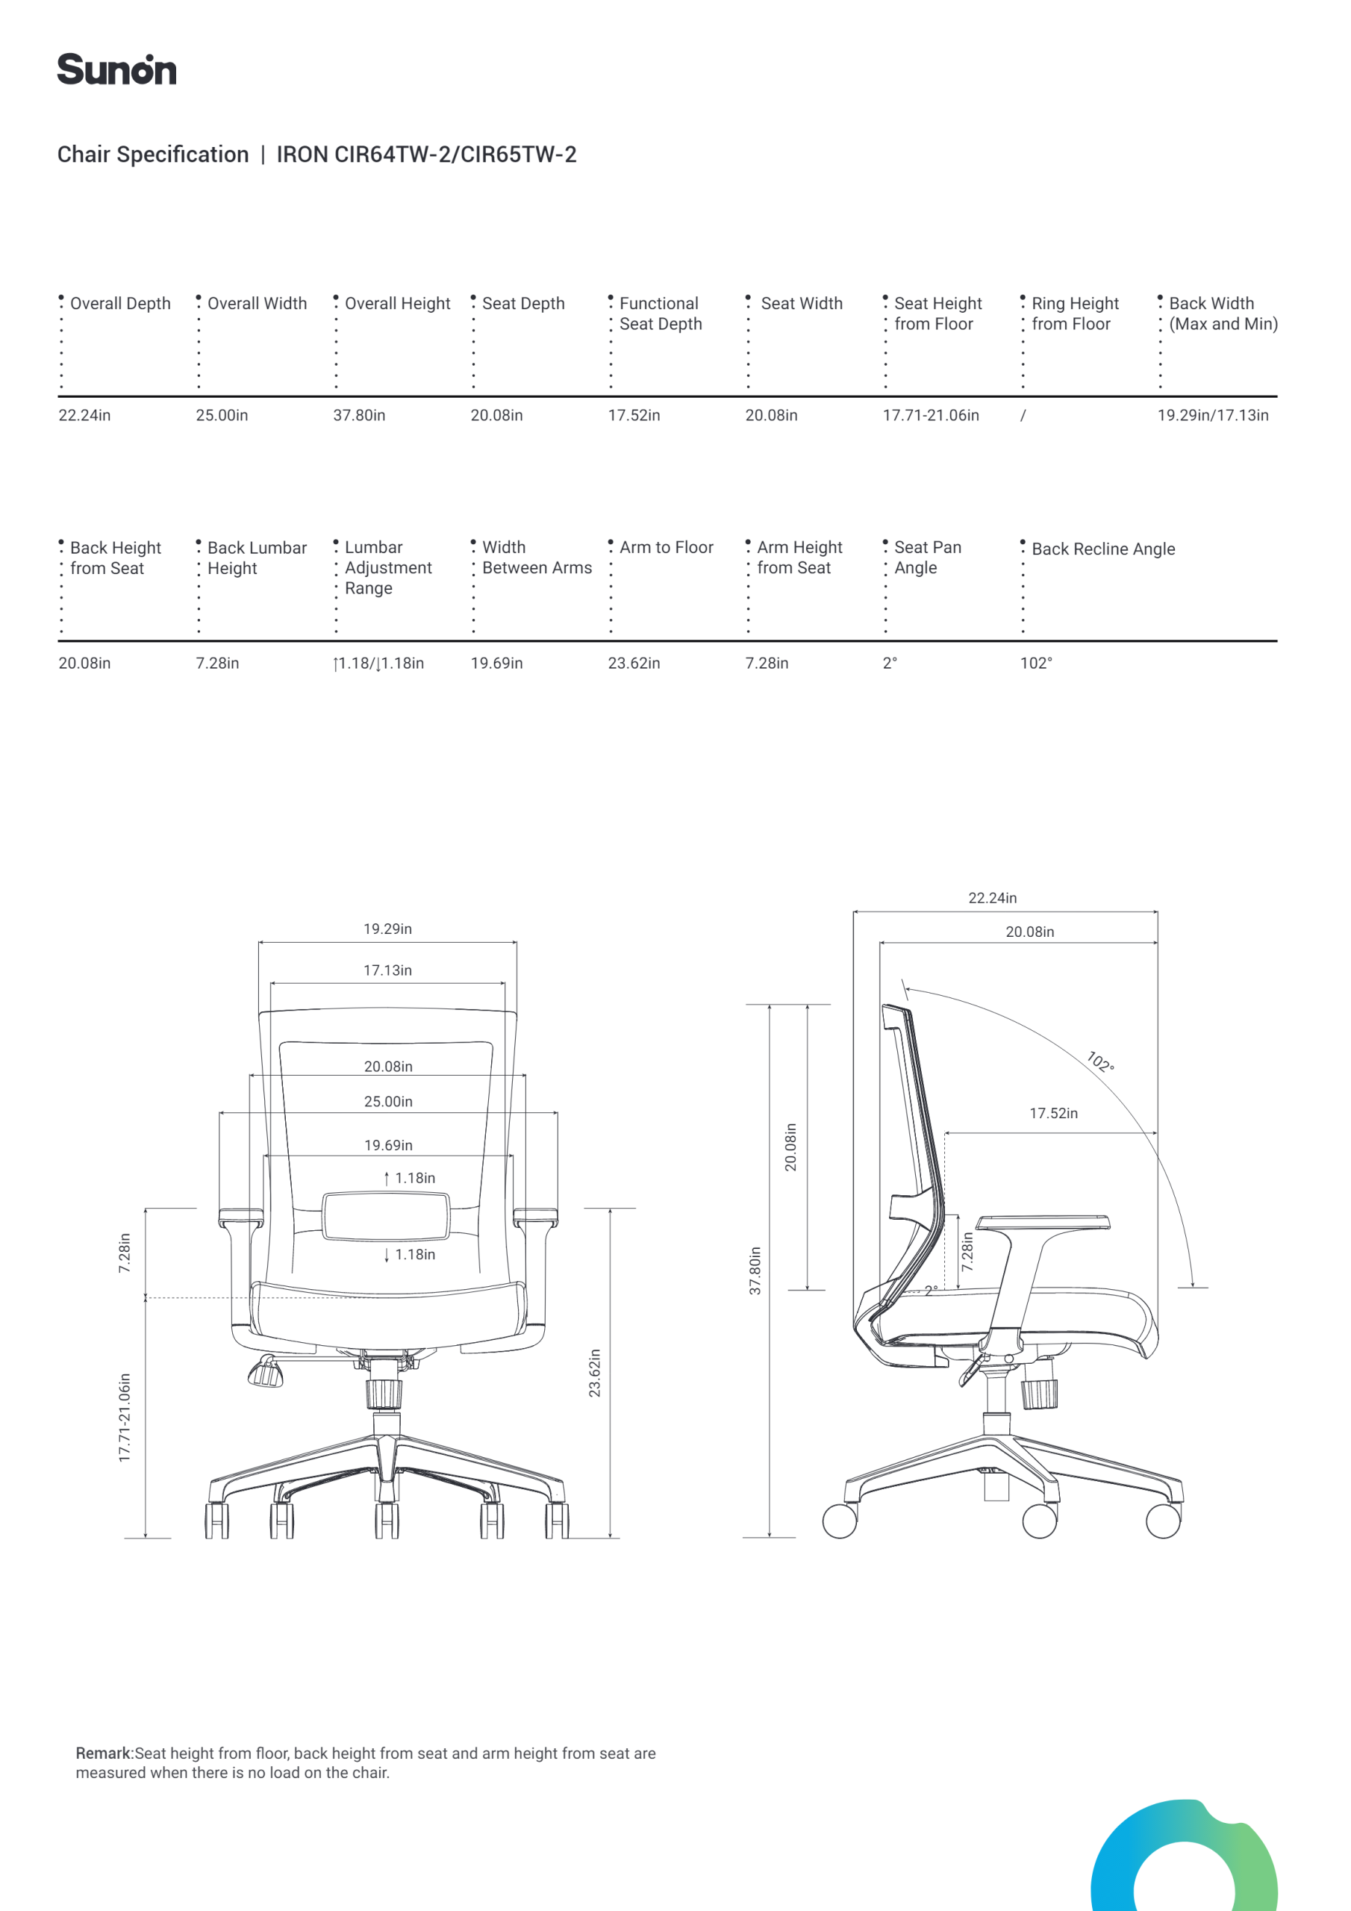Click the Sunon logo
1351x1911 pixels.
(x=116, y=70)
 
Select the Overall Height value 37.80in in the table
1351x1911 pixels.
(x=359, y=415)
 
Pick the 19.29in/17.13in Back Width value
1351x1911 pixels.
(x=1212, y=415)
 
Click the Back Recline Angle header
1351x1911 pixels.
(x=1103, y=549)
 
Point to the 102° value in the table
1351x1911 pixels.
(x=1035, y=664)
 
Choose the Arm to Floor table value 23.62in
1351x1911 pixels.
(x=634, y=664)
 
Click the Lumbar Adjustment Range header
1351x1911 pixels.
(x=388, y=567)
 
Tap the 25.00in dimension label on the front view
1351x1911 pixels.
(x=388, y=1102)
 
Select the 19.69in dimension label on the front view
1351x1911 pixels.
(x=388, y=1146)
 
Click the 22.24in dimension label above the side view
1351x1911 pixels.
(x=992, y=898)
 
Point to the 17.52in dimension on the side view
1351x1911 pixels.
(x=1053, y=1114)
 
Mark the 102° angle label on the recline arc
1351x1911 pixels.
(x=1100, y=1062)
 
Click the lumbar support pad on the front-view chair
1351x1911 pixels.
(x=386, y=1215)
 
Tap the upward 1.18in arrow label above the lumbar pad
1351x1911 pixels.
(x=410, y=1179)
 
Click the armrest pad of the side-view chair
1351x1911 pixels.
(x=1043, y=1223)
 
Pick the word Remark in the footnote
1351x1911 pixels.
(x=103, y=1753)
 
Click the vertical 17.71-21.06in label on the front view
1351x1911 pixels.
(x=125, y=1418)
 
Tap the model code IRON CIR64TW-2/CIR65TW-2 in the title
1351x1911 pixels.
(x=426, y=155)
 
